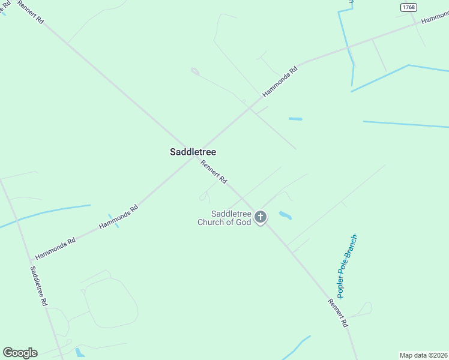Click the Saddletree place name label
193,152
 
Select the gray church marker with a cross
261,217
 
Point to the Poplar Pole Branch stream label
348,266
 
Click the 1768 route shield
409,7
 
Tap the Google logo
20,353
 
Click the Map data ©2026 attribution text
423,355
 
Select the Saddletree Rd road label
38,287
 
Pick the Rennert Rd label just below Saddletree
214,172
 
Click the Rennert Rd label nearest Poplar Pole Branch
338,313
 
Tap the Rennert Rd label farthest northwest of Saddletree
30,12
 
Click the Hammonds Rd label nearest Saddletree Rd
55,248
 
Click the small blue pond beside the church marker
285,215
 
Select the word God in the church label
243,223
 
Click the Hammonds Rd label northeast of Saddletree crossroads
280,82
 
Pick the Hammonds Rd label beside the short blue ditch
118,217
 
